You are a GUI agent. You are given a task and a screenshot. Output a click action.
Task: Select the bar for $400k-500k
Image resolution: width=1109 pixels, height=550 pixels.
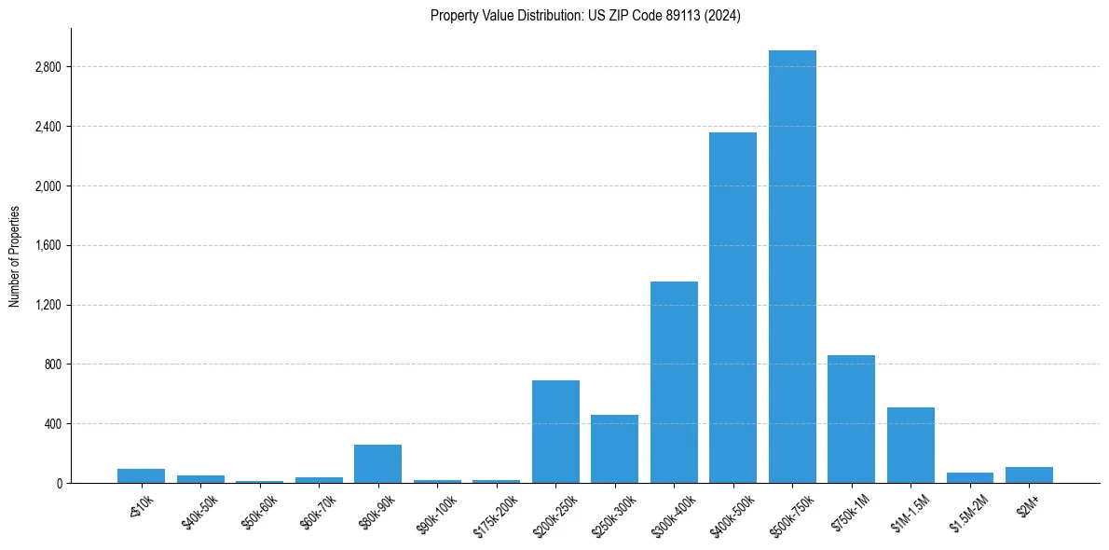coord(732,308)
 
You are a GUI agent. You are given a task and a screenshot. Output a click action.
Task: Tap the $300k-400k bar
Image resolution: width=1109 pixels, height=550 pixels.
coord(674,382)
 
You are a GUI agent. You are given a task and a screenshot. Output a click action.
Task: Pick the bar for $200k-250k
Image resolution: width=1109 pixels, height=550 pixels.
coord(555,432)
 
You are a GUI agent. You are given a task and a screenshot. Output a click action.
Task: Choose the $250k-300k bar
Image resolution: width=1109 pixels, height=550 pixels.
coord(614,448)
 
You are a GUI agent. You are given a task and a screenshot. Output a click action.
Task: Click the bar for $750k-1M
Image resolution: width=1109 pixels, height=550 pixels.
coord(851,419)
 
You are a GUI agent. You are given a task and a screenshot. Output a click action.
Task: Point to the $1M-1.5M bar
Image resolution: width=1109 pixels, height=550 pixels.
coord(910,445)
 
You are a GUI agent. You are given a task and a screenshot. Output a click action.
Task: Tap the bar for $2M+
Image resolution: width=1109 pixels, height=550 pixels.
coord(1029,474)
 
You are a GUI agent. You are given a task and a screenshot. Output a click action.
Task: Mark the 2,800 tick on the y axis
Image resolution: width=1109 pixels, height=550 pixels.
coord(48,67)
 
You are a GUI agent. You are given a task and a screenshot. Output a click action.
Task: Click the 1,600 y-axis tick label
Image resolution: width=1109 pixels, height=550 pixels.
coord(48,245)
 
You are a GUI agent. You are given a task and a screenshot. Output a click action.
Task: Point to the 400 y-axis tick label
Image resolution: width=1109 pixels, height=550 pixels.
coord(52,423)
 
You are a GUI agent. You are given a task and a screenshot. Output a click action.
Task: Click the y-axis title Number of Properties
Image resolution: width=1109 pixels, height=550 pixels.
coord(14,255)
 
